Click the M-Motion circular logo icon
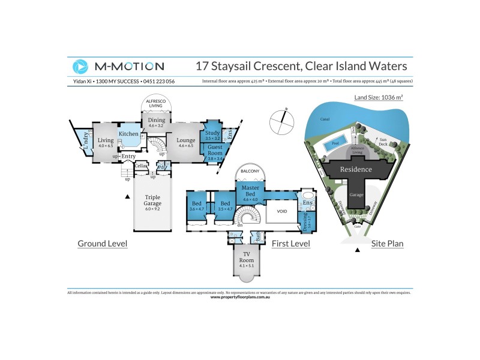click(x=80, y=66)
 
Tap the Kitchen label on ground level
click(x=128, y=134)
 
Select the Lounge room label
click(x=186, y=140)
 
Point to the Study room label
click(x=212, y=133)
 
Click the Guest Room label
click(x=215, y=151)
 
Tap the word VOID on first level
click(x=282, y=211)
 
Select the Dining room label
click(x=156, y=121)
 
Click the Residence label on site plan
click(x=356, y=169)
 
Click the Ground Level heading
click(x=102, y=244)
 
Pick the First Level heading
click(x=290, y=244)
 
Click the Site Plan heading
click(x=386, y=244)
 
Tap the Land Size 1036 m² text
click(x=379, y=96)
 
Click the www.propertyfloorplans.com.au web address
click(x=240, y=297)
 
